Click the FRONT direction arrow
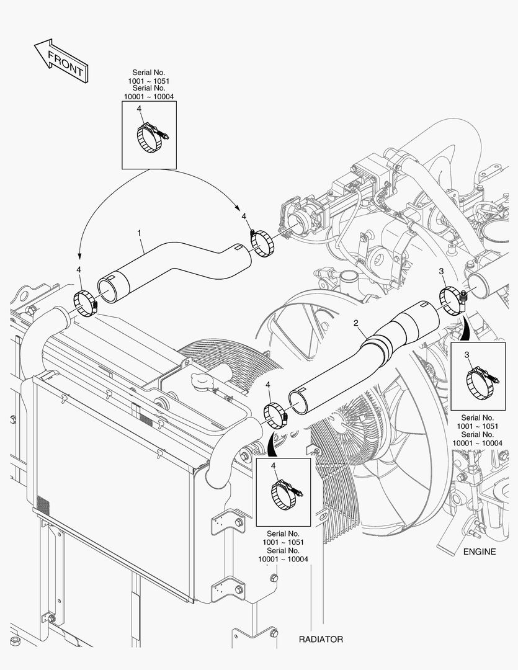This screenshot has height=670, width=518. click(61, 61)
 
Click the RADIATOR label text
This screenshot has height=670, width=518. click(321, 639)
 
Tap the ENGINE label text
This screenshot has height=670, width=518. click(480, 552)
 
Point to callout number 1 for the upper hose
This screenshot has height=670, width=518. click(139, 233)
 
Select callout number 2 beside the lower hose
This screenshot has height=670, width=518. click(356, 323)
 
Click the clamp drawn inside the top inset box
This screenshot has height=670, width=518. click(151, 137)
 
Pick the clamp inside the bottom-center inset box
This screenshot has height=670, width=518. click(285, 495)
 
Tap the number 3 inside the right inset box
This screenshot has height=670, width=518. click(467, 355)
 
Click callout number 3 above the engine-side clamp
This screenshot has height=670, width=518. click(442, 271)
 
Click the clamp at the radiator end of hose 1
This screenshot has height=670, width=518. click(86, 303)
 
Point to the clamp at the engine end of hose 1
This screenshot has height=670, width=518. click(261, 243)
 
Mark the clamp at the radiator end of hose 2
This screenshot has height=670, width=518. click(275, 415)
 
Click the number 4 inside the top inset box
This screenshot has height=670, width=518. click(139, 109)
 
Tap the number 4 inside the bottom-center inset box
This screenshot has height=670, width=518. click(274, 466)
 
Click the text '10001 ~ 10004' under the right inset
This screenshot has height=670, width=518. click(478, 443)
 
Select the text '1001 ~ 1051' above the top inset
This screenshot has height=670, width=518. click(149, 81)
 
